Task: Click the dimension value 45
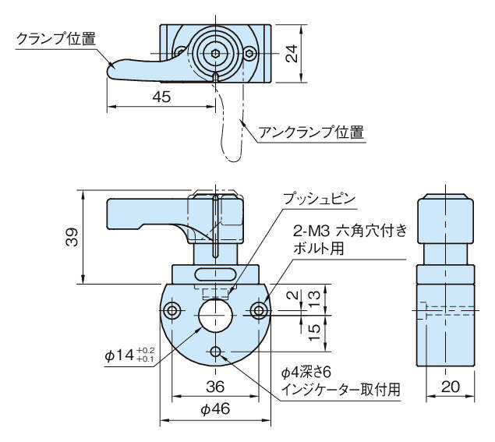point(161,97)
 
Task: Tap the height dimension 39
point(69,239)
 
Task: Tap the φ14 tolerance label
point(130,355)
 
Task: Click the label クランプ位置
point(56,39)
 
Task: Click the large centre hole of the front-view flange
point(214,313)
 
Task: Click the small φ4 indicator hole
point(215,352)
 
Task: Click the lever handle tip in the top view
point(113,71)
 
